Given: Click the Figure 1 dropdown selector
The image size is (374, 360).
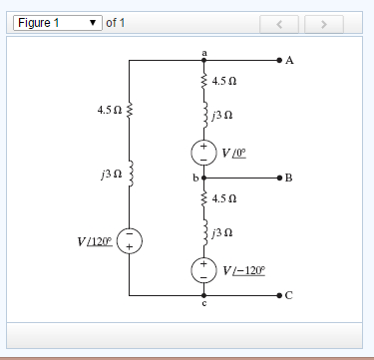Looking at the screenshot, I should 59,22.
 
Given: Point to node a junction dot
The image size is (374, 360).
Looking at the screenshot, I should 203,61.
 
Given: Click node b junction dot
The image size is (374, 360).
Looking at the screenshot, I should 203,177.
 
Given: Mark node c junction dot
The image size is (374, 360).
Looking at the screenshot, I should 203,295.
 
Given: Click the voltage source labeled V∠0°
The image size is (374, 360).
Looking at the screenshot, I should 203,153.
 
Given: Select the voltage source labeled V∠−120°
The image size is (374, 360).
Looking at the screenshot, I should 203,270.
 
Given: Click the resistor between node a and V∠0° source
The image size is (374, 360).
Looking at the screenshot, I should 203,81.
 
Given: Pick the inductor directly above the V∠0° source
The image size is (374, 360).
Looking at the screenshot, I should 203,117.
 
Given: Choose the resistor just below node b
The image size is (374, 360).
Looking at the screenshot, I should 203,198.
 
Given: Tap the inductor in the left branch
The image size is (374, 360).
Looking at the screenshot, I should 129,178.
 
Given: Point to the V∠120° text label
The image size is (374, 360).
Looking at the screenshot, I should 94,241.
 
